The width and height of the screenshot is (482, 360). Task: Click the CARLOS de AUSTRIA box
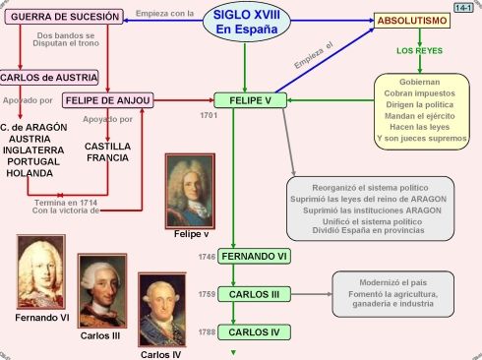[x=49, y=77]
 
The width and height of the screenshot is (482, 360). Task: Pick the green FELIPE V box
[x=251, y=100]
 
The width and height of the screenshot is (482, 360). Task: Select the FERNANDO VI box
[x=255, y=257]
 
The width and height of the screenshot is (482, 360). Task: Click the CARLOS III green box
[x=255, y=294]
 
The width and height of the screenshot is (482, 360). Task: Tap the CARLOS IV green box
[x=255, y=332]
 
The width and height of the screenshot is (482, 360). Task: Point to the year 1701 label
[x=208, y=116]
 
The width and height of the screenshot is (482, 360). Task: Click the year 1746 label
[x=207, y=257]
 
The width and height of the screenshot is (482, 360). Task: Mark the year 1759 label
[x=207, y=294]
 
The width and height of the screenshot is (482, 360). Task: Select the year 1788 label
[x=207, y=332]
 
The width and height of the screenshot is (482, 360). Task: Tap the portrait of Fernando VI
[x=41, y=272]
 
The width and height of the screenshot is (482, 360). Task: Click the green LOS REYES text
[x=418, y=50]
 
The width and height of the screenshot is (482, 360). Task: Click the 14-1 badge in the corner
[x=464, y=7]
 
